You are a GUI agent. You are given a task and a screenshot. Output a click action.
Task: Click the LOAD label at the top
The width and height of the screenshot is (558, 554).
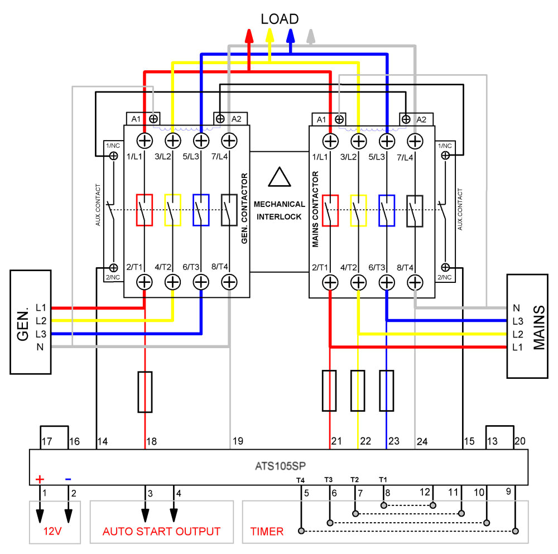coord(280,18)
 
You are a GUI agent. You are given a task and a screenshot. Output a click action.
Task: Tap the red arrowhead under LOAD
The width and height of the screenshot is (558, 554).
coord(249,35)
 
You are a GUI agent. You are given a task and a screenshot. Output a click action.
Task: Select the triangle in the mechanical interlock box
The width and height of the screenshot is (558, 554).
coord(279,177)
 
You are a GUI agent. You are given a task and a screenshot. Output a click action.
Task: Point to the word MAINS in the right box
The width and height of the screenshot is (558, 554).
coord(538,327)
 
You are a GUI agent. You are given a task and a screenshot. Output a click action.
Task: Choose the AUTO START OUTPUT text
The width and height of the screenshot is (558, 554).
coord(161,532)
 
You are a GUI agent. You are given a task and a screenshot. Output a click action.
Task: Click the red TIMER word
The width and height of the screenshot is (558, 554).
coord(267,532)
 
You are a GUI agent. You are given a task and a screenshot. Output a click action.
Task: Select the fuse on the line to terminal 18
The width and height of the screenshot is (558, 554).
coord(145,392)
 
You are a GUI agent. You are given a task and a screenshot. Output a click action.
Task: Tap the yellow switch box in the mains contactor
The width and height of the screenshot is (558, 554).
coord(358,210)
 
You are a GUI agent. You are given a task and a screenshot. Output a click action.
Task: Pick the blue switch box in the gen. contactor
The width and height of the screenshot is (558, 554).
coord(201,210)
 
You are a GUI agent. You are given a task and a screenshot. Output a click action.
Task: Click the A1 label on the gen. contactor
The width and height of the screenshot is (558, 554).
coord(136,119)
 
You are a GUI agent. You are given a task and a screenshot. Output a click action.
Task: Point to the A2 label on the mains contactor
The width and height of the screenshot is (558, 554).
coord(421,119)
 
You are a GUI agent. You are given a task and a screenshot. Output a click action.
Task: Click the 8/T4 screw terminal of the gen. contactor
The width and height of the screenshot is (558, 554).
coord(228,282)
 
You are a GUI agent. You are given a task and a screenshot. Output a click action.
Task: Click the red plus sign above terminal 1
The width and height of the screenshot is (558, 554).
coord(40,479)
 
